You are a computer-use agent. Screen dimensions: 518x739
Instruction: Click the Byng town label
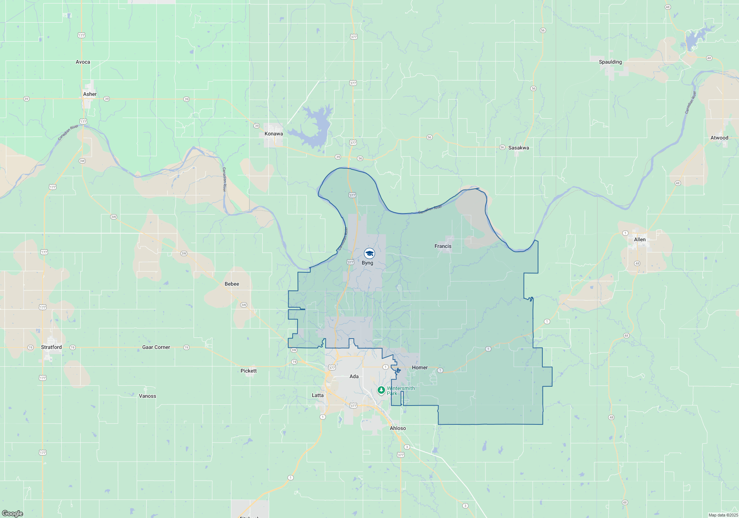coord(367,263)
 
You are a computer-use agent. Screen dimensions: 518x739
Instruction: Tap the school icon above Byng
coord(369,253)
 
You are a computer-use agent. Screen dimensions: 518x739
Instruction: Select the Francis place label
coord(443,246)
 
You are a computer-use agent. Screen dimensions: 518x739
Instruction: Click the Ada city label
coord(354,376)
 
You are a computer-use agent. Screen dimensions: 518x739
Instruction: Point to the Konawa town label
coord(273,134)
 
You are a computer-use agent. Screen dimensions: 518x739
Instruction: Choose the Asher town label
coord(90,94)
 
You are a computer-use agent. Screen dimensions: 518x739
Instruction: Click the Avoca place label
coord(83,62)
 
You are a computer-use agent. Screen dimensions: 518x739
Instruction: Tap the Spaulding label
coord(610,62)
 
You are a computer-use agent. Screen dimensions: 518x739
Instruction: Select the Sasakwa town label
coord(518,148)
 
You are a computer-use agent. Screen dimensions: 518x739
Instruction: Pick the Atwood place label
coord(719,138)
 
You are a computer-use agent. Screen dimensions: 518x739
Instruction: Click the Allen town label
coord(640,239)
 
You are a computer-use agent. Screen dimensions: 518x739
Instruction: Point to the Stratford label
coord(51,347)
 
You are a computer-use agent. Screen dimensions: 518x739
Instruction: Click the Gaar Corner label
coord(156,347)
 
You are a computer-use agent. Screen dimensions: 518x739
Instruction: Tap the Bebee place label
coord(232,284)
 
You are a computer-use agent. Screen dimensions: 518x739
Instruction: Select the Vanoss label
coord(147,396)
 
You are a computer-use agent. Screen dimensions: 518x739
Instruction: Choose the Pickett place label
coord(248,371)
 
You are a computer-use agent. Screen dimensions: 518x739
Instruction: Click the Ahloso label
coord(398,428)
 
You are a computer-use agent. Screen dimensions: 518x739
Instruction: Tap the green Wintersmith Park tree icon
coord(381,390)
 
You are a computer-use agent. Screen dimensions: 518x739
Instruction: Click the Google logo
coord(13,514)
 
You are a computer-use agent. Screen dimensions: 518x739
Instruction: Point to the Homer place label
coord(420,367)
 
